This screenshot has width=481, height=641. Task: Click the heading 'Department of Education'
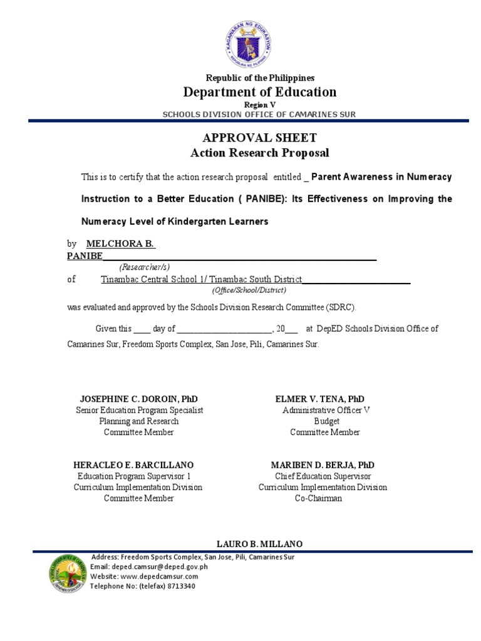coord(259,92)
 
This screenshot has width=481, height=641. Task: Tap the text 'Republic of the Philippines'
coord(260,78)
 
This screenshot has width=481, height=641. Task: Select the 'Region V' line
coord(259,105)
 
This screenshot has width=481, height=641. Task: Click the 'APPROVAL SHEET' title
coord(259,138)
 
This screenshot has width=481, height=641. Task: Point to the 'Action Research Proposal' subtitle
coord(259,153)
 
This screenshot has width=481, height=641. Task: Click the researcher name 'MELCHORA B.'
coord(120,244)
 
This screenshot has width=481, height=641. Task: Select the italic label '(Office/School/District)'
coord(249,290)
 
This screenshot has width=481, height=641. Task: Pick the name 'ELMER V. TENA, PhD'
coord(319,399)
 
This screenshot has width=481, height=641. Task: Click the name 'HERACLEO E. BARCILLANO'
coord(133,465)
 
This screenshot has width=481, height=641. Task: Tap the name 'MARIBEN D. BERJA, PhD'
coord(323,465)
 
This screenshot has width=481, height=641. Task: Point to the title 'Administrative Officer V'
coord(326,410)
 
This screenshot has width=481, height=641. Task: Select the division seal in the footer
coord(68,573)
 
